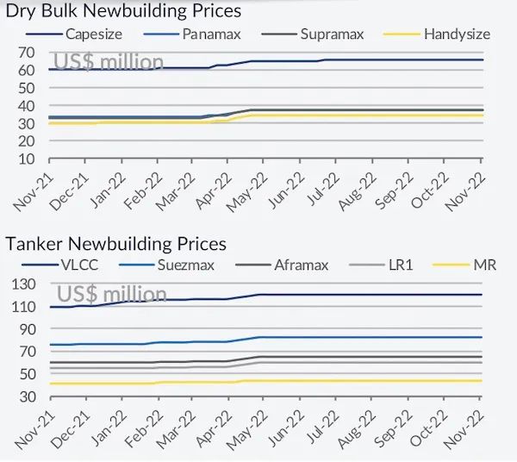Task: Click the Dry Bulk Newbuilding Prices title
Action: [x=123, y=11]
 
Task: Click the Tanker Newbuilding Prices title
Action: [x=116, y=245]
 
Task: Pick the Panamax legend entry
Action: [x=211, y=34]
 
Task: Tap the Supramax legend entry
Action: [x=331, y=34]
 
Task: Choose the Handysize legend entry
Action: [x=457, y=34]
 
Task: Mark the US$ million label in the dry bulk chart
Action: [x=109, y=61]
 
